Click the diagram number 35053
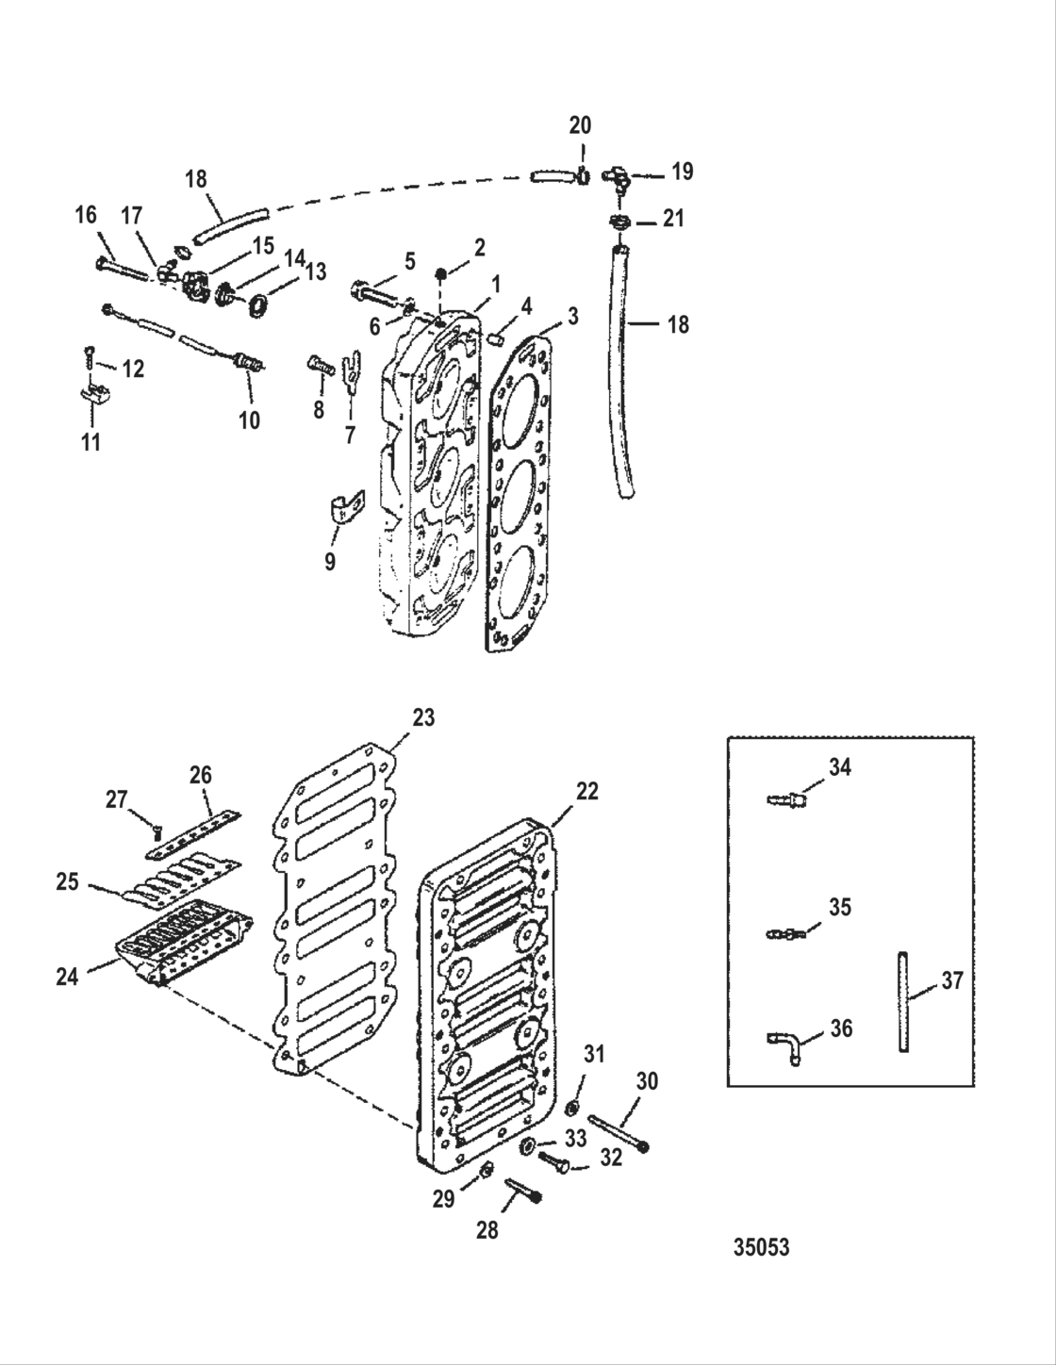761,1247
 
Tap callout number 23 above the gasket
423,717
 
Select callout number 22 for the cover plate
586,791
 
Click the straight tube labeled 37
903,1002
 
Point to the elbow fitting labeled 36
784,1047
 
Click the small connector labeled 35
784,933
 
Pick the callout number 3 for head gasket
572,315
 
